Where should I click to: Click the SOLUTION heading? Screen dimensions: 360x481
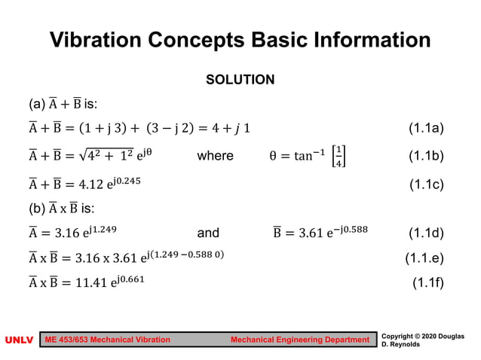point(240,79)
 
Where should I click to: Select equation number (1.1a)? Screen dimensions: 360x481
point(426,128)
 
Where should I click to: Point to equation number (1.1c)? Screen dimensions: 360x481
point(426,184)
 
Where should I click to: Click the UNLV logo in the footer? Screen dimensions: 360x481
point(19,340)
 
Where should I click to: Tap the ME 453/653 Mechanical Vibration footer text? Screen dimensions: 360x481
point(108,340)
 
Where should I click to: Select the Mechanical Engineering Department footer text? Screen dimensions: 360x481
point(300,340)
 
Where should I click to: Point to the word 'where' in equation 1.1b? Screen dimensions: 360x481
point(215,156)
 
